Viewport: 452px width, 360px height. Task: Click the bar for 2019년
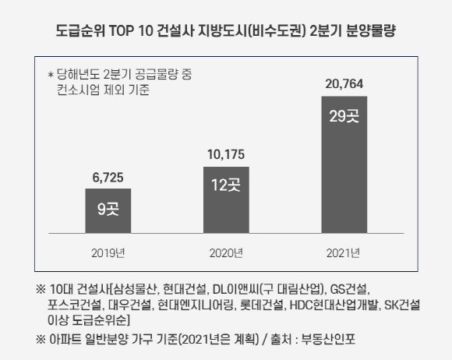(x=108, y=210)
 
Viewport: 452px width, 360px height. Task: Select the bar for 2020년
(x=225, y=199)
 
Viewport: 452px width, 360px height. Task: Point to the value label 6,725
(x=108, y=177)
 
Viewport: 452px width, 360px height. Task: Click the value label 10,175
(x=225, y=154)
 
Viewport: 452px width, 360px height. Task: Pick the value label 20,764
(x=344, y=82)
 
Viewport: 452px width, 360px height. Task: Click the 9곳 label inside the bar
(x=108, y=209)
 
